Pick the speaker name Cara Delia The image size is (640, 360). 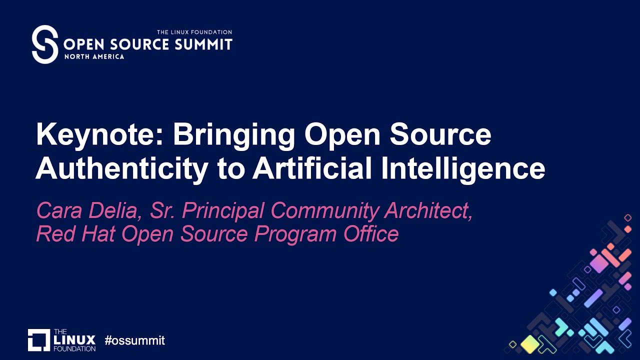85,211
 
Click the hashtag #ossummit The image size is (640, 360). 134,341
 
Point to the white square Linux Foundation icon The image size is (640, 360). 39,340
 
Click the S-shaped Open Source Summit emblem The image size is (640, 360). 45,44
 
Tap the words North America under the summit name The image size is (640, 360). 94,56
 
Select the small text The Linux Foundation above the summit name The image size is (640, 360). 194,32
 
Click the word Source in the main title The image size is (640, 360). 440,135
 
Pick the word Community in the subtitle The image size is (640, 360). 324,211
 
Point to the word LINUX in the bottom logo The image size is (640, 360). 74,340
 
